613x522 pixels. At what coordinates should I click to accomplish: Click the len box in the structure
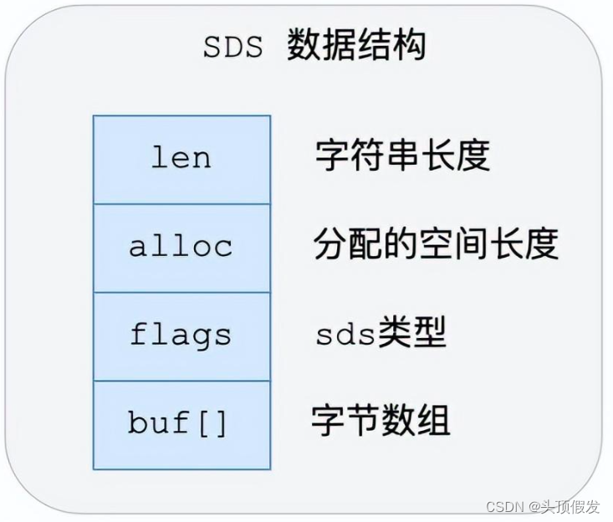click(x=181, y=159)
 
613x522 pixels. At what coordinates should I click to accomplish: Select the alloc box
click(x=181, y=248)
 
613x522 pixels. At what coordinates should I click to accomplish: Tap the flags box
click(x=181, y=335)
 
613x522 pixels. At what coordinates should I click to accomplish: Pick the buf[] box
click(x=181, y=424)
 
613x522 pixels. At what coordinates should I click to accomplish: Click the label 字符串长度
click(x=402, y=155)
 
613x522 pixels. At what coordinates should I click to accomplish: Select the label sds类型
click(x=381, y=334)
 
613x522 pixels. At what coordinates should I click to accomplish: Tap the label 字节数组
click(x=381, y=420)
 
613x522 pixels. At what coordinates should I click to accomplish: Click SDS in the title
click(x=233, y=47)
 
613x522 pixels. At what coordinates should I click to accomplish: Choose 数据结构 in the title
click(x=356, y=45)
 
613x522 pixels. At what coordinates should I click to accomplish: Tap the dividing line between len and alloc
click(x=181, y=204)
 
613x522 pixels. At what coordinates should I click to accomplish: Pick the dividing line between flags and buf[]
click(x=181, y=381)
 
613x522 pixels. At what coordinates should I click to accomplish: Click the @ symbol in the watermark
click(x=537, y=507)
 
